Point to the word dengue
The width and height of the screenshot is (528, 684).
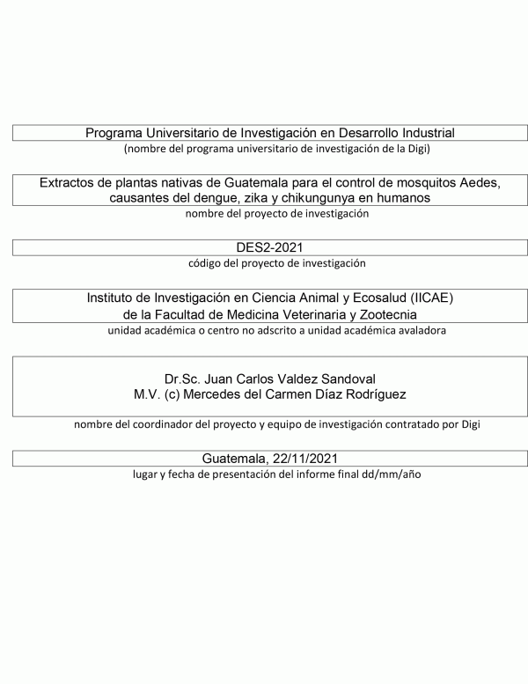205,198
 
